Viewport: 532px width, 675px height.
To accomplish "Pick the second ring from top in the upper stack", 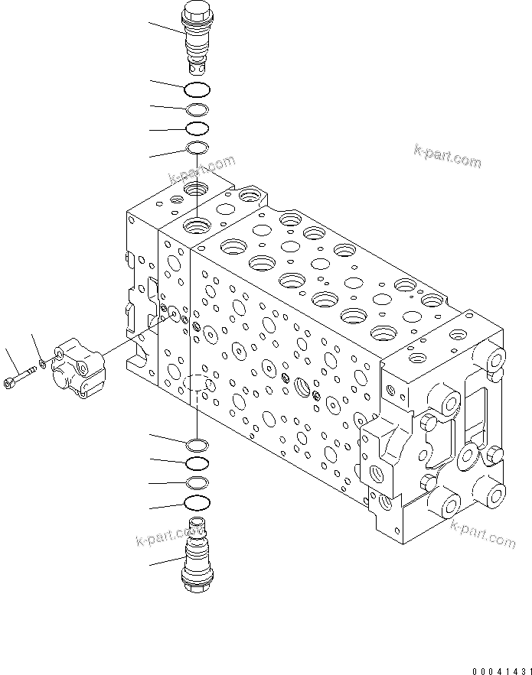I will [197, 109].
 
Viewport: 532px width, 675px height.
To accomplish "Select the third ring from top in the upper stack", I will [197, 128].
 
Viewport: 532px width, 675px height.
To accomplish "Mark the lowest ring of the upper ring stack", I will [197, 148].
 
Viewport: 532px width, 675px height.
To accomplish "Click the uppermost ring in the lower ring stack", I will [197, 444].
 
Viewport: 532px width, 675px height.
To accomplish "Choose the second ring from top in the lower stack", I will [197, 463].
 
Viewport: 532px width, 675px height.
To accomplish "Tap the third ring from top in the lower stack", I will [197, 482].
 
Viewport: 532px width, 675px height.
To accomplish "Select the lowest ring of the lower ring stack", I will [197, 502].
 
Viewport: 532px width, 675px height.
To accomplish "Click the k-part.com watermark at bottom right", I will [483, 533].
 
